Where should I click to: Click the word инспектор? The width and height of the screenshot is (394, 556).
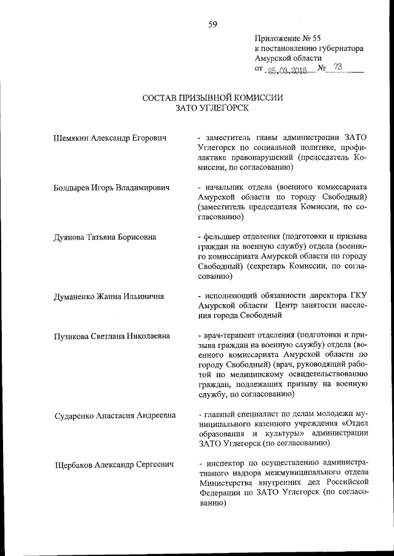click(227, 465)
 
